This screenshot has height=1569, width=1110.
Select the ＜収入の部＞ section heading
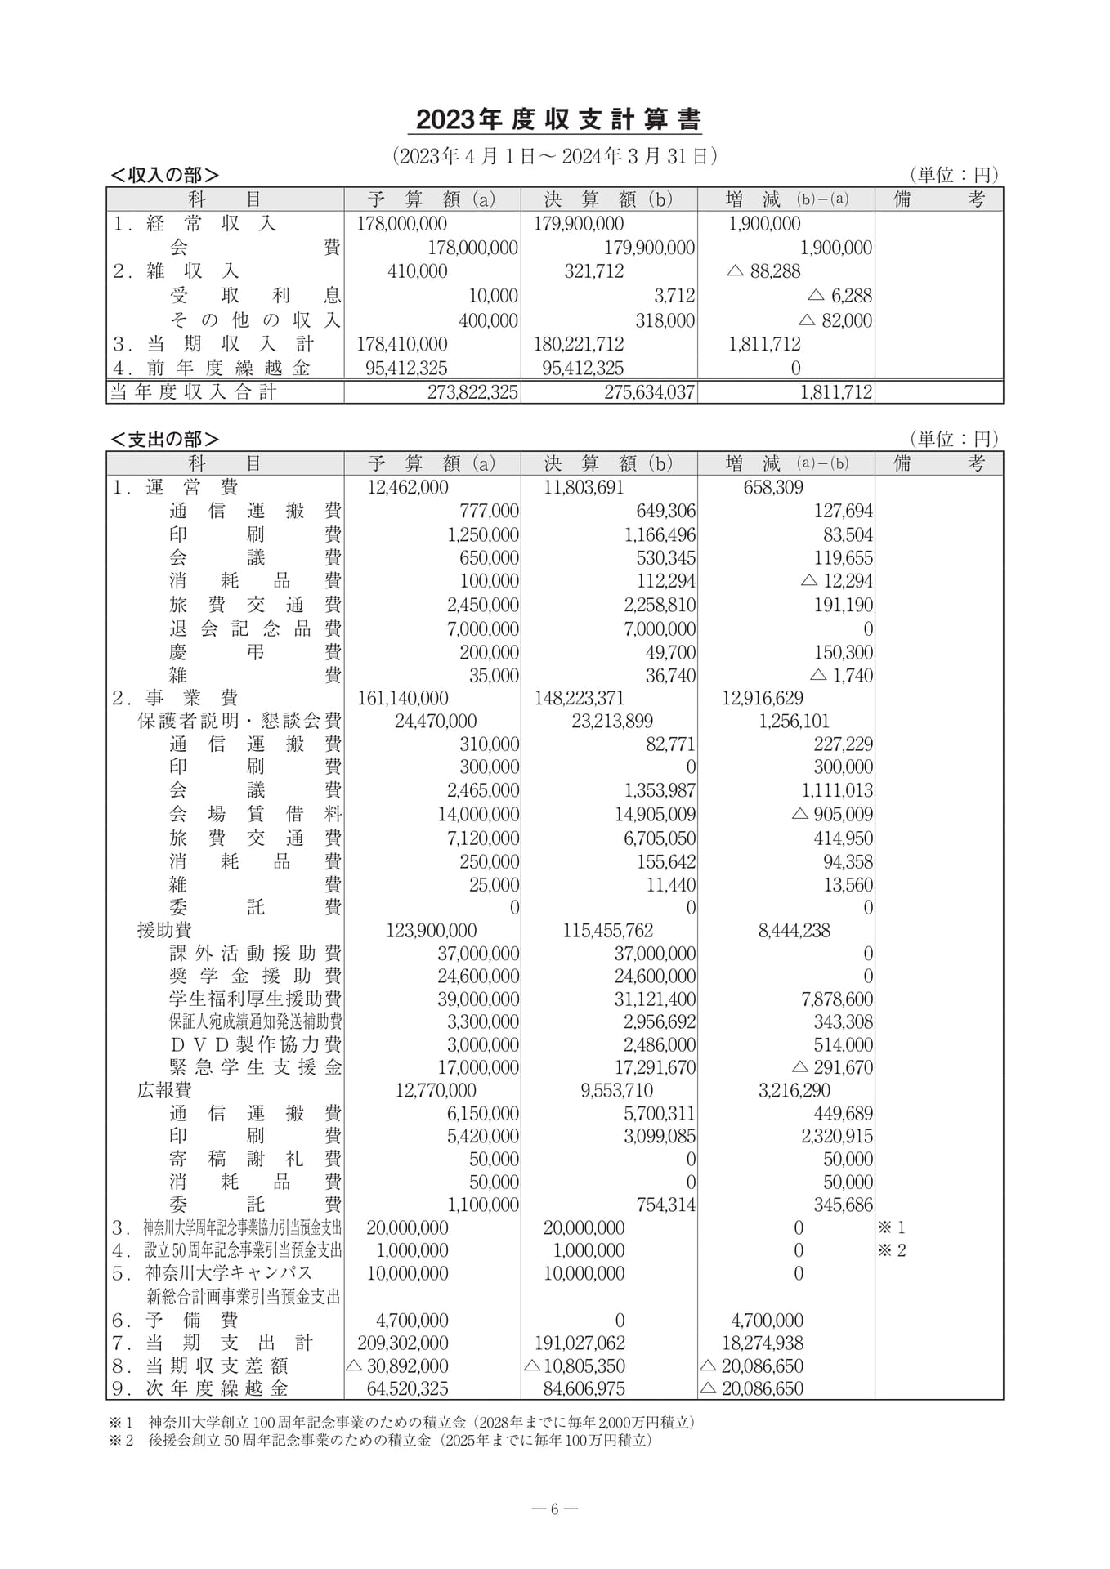pos(165,175)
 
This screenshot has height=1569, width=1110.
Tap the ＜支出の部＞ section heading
pos(165,440)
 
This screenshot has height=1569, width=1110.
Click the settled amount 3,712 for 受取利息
pos(674,296)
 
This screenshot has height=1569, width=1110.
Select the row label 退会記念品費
pos(255,628)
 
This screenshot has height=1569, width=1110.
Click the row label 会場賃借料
pos(255,814)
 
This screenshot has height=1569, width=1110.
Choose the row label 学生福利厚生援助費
pos(255,999)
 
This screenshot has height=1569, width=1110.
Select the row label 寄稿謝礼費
pos(255,1159)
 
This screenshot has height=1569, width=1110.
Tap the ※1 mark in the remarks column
pos(891,1227)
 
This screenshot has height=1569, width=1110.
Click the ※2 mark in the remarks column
pos(891,1250)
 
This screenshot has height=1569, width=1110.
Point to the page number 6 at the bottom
pos(554,1509)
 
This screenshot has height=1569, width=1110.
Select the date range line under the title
pos(554,156)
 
